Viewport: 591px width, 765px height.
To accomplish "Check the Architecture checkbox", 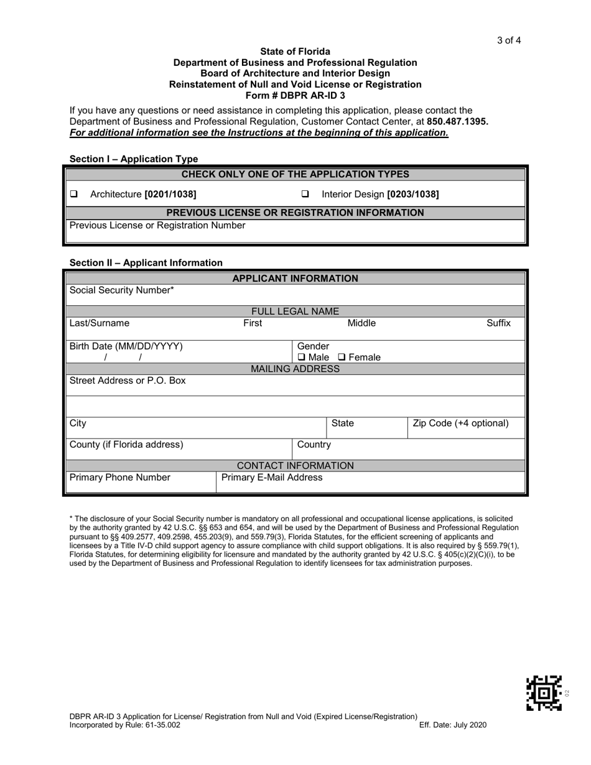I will (74, 194).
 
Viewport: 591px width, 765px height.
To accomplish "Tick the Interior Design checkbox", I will (305, 194).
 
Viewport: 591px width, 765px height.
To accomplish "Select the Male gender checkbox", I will (302, 358).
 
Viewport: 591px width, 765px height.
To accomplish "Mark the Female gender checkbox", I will (342, 358).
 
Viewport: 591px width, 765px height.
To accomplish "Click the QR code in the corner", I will (544, 693).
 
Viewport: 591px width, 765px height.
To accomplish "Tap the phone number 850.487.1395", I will (457, 121).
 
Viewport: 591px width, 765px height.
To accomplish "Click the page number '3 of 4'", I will (508, 41).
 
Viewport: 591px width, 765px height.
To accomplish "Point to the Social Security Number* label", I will (121, 290).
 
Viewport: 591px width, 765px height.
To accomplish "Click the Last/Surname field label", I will (100, 323).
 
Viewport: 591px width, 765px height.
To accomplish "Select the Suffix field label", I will (498, 323).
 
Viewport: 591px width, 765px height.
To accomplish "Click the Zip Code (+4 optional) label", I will (460, 424).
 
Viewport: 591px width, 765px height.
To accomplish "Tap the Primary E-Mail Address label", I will (272, 478).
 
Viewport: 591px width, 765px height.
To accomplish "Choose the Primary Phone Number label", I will (119, 478).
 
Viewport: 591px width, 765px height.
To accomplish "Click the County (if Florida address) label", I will (126, 445).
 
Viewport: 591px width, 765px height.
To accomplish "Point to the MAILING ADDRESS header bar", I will (295, 369).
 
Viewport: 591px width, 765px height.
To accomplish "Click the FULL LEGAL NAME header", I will (295, 312).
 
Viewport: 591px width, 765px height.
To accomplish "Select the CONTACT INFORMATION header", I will (295, 466).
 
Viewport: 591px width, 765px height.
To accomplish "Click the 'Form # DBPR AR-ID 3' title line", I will (295, 95).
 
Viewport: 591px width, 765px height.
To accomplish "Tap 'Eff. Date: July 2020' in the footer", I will (453, 725).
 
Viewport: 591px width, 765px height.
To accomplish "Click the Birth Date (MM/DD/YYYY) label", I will (126, 346).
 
